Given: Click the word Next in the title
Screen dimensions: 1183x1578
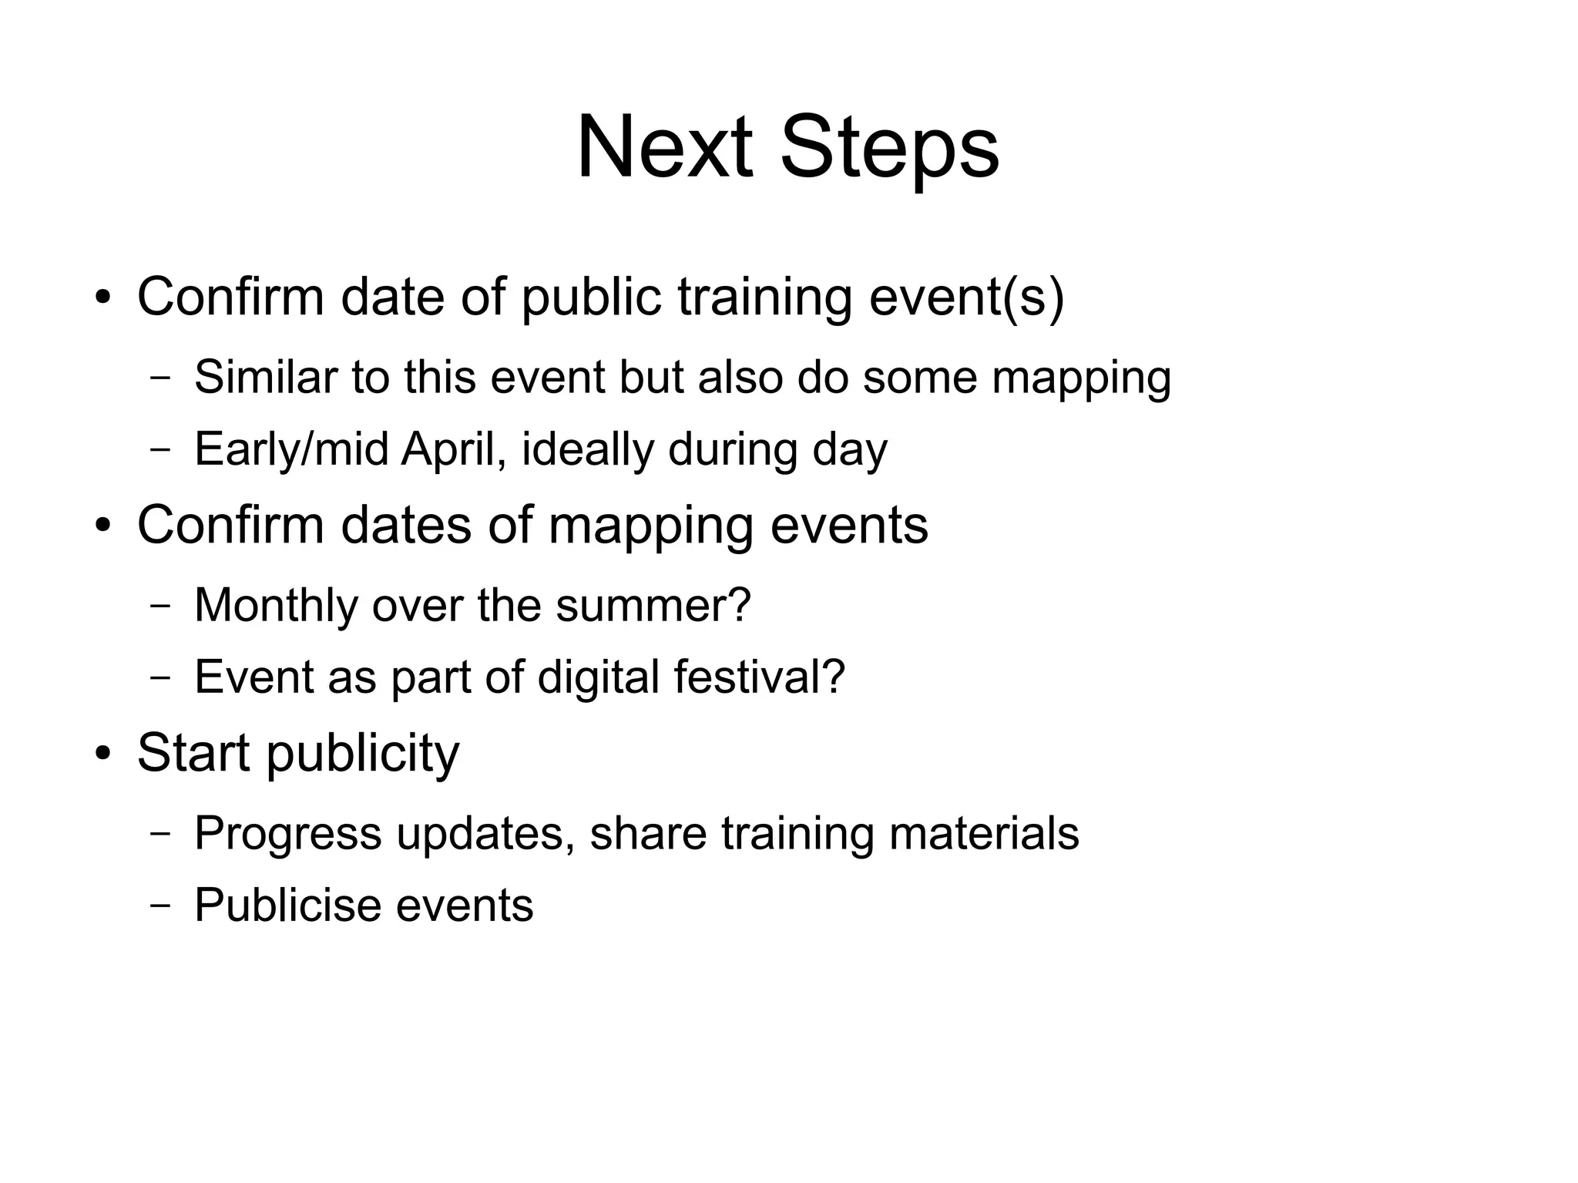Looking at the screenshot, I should click(x=664, y=146).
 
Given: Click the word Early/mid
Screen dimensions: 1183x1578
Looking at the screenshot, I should click(x=291, y=449).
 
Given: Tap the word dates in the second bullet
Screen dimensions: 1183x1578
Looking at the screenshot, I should click(x=406, y=525).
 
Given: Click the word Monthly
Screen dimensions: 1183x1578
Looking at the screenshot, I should click(x=276, y=605).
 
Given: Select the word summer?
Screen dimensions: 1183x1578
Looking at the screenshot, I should click(x=653, y=605).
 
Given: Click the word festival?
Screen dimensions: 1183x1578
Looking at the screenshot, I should click(x=760, y=677).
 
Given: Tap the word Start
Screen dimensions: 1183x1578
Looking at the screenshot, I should click(x=193, y=752).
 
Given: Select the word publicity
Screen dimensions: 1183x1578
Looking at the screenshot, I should click(x=363, y=752).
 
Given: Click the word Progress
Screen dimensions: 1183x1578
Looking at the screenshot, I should click(x=287, y=833).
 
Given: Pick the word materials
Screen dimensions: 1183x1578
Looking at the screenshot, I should click(x=984, y=833).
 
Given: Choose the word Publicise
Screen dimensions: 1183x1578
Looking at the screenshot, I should click(x=286, y=905).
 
